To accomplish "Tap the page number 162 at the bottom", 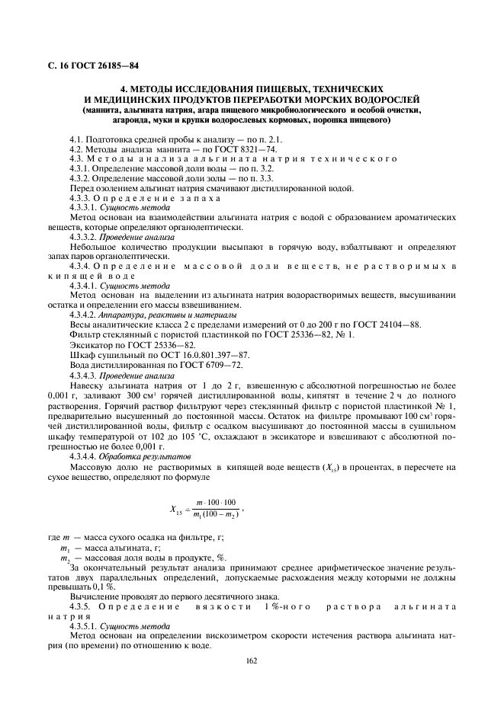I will click(x=251, y=660).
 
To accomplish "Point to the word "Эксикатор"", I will click(x=90, y=344).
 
